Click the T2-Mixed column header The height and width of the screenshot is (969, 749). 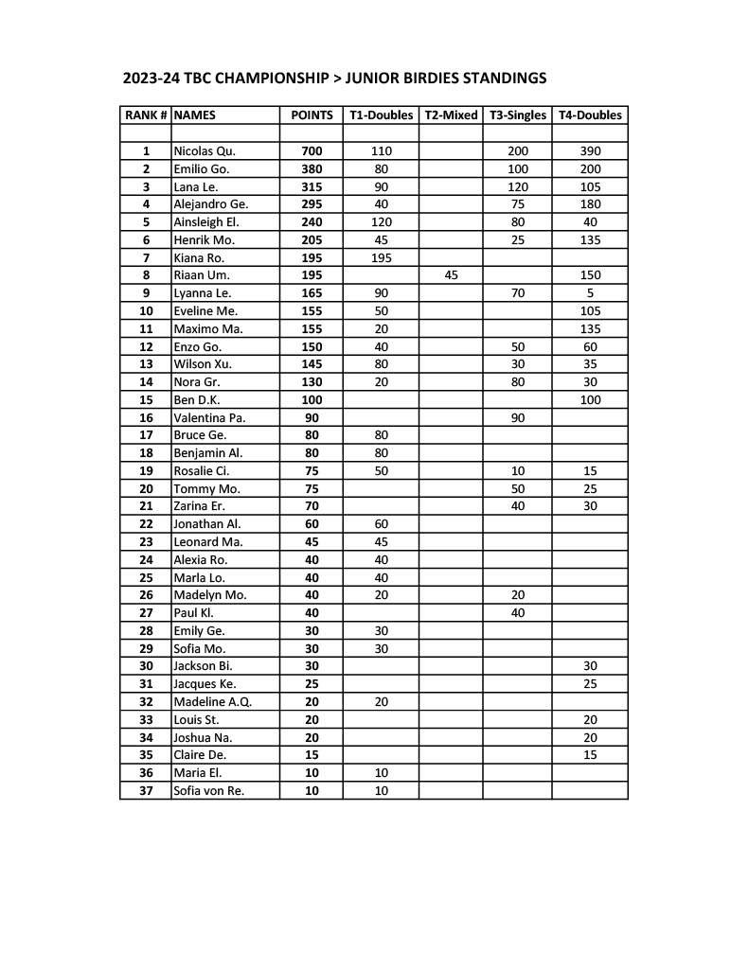click(451, 115)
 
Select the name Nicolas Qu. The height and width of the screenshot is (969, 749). click(205, 151)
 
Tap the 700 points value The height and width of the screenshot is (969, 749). click(312, 151)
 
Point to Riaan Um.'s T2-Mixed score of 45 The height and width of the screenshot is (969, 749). click(451, 275)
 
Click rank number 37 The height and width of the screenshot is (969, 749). click(146, 791)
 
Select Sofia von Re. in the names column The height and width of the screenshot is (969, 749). click(208, 791)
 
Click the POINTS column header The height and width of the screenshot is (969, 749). click(312, 115)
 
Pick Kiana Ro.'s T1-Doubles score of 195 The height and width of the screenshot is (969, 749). click(382, 257)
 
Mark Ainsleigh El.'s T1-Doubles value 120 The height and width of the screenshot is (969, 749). click(382, 222)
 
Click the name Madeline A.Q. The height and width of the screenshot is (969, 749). click(212, 702)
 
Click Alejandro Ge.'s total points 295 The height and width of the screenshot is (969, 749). click(312, 204)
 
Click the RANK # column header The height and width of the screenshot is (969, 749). click(146, 115)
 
